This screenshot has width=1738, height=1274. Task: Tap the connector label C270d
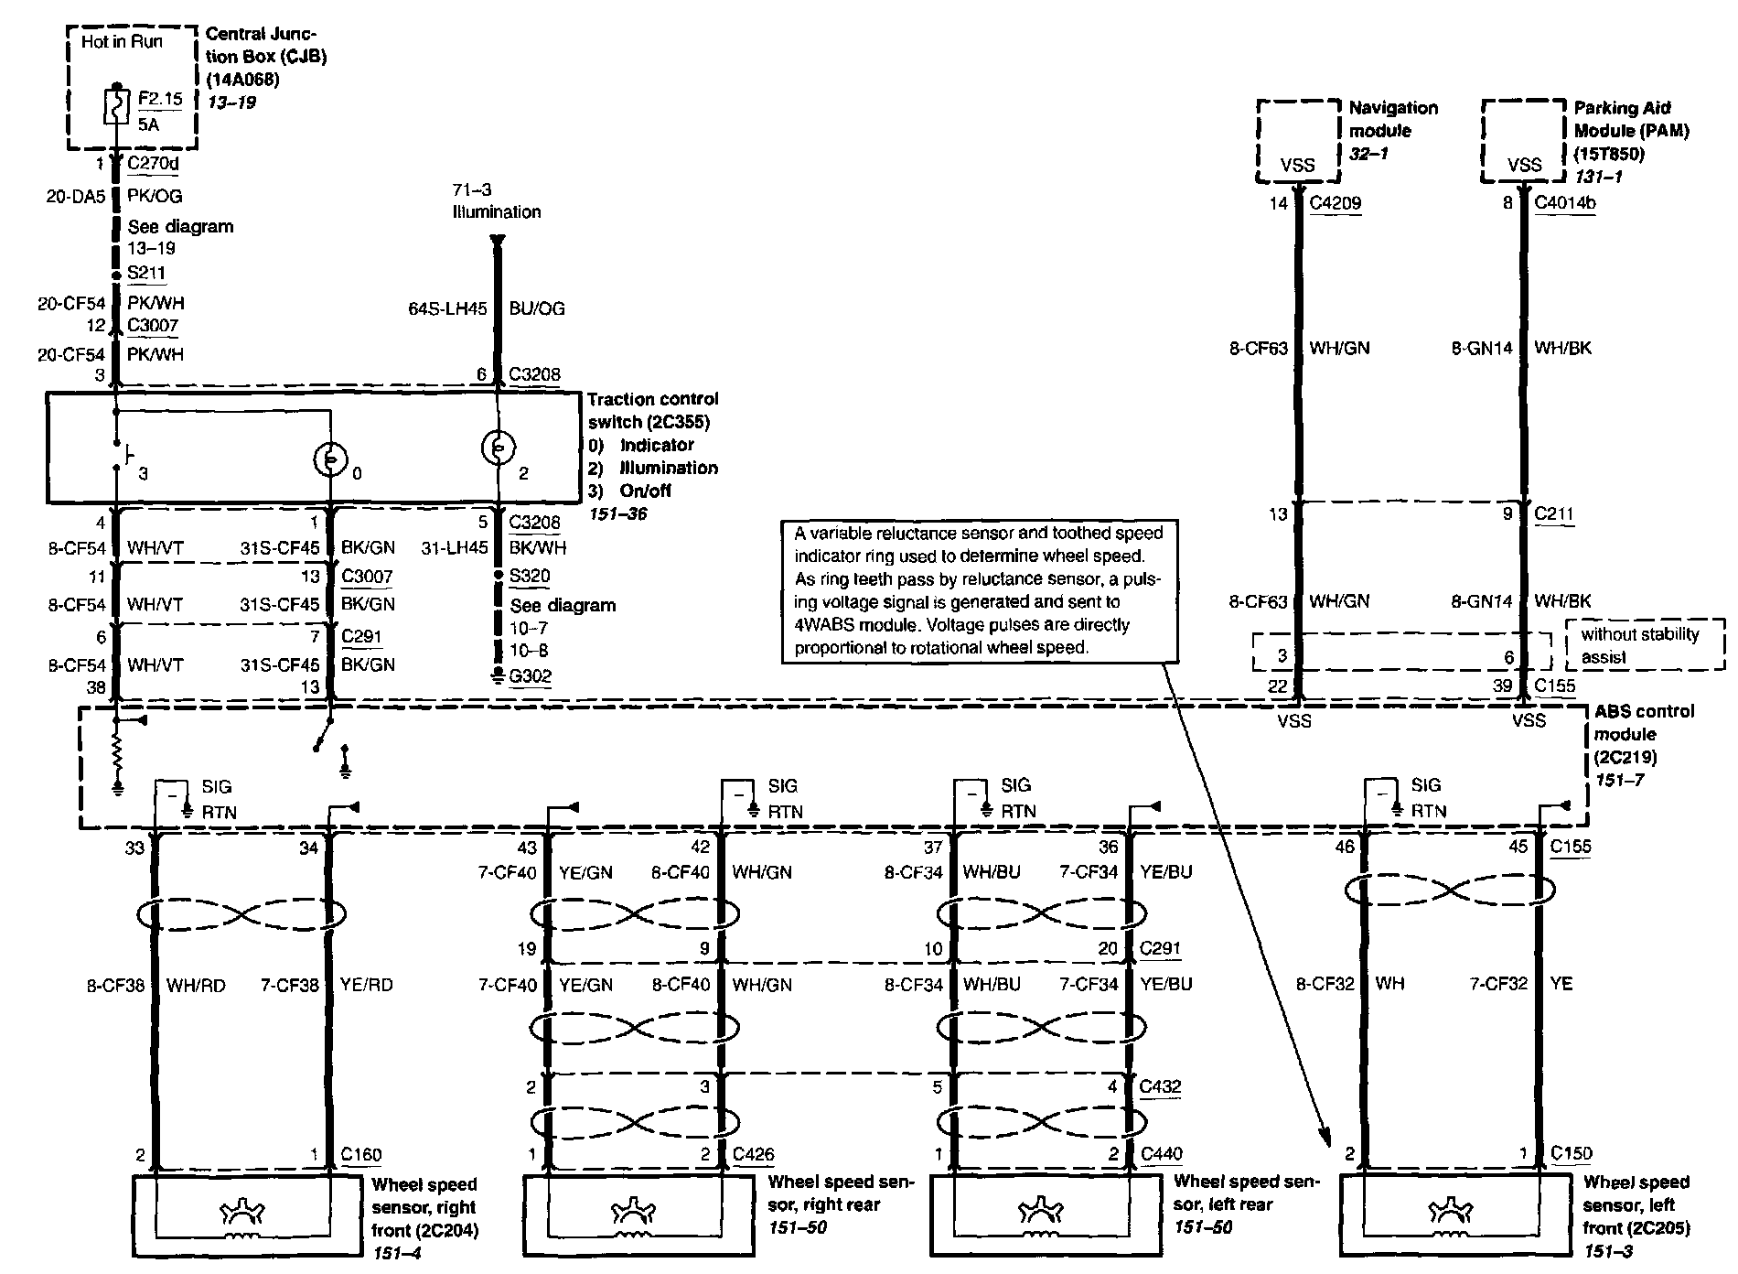click(x=153, y=165)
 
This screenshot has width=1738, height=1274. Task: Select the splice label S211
click(x=146, y=273)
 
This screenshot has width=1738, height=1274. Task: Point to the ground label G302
click(x=531, y=676)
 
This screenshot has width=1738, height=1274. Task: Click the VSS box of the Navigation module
click(x=1297, y=140)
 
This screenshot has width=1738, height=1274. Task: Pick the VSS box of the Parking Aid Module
click(x=1523, y=140)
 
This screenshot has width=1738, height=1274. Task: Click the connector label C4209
click(x=1335, y=203)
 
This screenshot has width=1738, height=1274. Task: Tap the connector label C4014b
click(x=1565, y=203)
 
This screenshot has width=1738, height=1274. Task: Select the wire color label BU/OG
click(x=537, y=308)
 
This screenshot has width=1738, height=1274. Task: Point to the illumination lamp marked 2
click(x=498, y=448)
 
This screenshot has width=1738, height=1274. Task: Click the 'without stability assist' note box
click(x=1645, y=645)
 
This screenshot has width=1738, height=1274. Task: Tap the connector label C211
click(x=1554, y=513)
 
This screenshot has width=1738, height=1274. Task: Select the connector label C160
click(x=361, y=1155)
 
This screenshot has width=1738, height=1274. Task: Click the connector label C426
click(x=753, y=1155)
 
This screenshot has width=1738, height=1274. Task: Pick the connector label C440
click(x=1162, y=1154)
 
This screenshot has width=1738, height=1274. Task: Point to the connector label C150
click(x=1572, y=1153)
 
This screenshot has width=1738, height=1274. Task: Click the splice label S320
click(x=531, y=576)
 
